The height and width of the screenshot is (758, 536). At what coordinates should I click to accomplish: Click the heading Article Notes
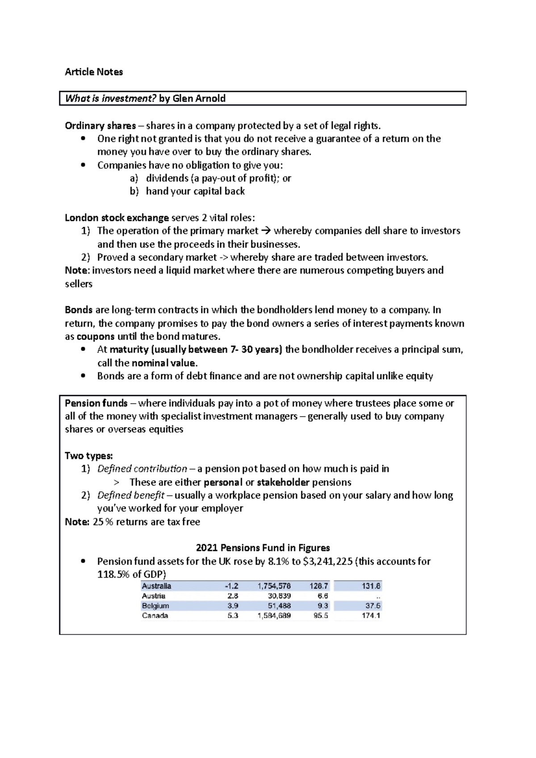click(x=94, y=72)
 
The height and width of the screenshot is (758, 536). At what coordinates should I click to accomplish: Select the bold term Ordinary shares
click(x=100, y=125)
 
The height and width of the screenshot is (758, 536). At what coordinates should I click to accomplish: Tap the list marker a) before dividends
click(x=134, y=178)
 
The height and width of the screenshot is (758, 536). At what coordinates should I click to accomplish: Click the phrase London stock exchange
click(x=117, y=218)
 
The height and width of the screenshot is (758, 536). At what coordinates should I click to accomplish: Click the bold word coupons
click(x=96, y=336)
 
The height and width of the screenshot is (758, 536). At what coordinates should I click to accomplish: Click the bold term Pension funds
click(x=96, y=403)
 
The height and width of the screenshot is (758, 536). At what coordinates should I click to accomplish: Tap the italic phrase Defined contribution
click(x=142, y=469)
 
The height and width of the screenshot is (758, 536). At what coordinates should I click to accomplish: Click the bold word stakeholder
click(x=283, y=482)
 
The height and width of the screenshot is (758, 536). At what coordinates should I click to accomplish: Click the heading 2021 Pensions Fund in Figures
click(x=263, y=548)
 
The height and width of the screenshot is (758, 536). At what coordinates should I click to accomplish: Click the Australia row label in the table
click(x=156, y=586)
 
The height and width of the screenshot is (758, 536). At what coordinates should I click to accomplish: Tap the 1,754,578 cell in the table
click(x=274, y=586)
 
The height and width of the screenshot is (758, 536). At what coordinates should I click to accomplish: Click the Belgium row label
click(x=155, y=606)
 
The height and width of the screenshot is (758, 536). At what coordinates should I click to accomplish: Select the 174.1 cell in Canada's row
click(x=371, y=616)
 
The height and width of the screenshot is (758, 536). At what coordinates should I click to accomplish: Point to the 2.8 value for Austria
click(x=232, y=596)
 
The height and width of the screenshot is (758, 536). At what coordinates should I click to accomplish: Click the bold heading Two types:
click(x=89, y=456)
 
